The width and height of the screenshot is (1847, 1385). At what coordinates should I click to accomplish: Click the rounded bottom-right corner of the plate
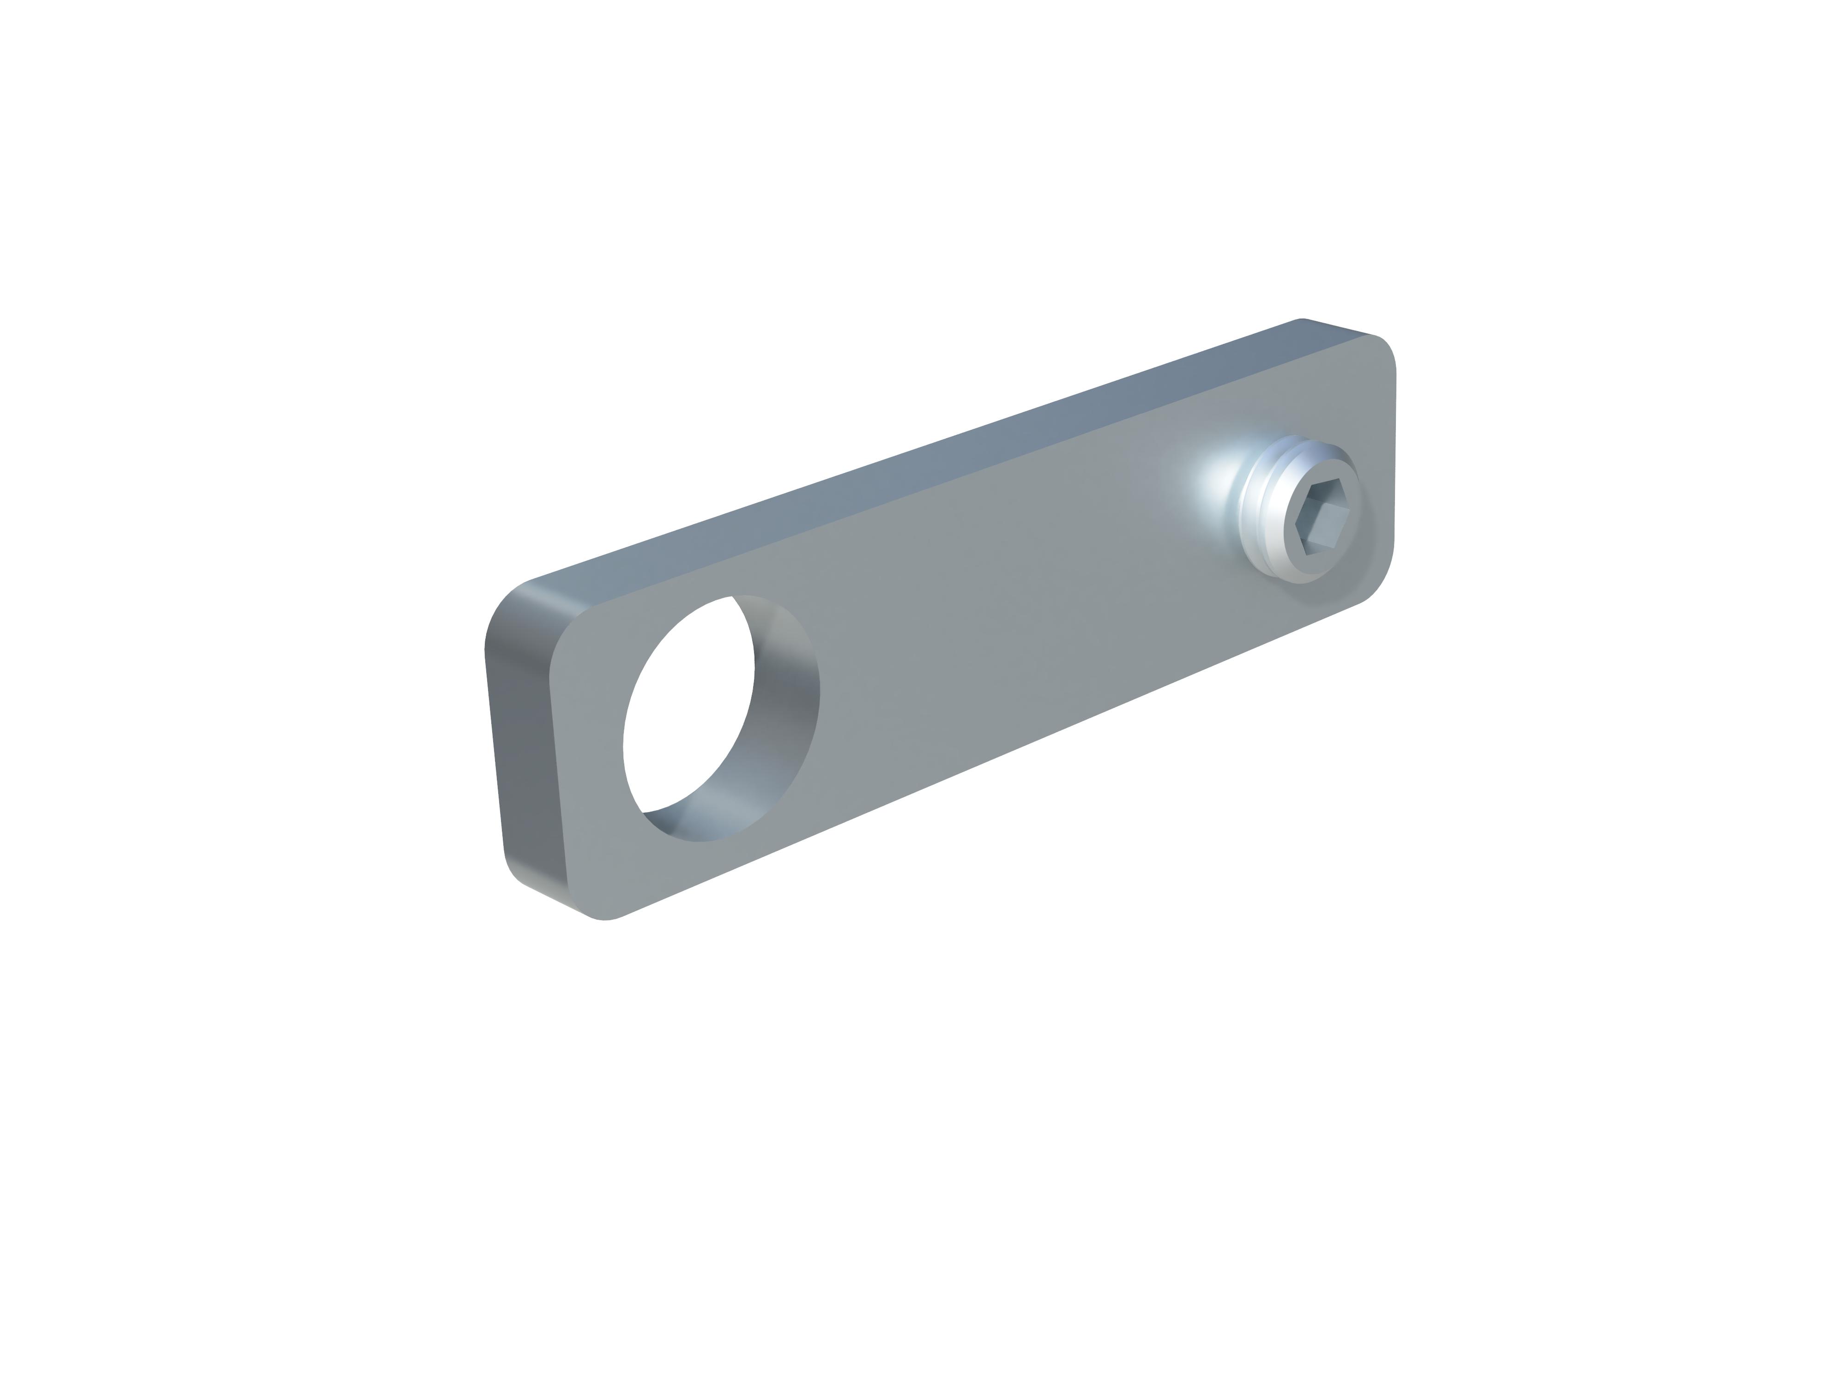click(x=1370, y=584)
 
